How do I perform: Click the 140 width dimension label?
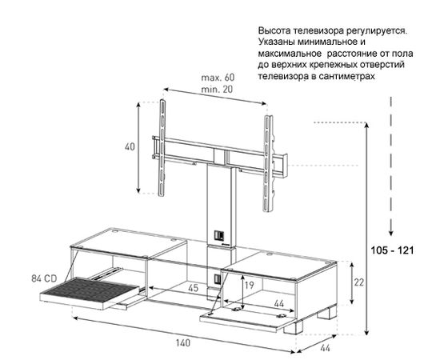click(x=183, y=342)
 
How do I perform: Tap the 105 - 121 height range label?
click(x=392, y=250)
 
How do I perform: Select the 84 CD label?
click(x=44, y=278)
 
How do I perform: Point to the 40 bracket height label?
click(x=130, y=146)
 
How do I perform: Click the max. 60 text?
click(x=218, y=78)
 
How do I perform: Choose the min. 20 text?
click(x=217, y=90)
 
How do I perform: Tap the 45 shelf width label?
click(x=193, y=288)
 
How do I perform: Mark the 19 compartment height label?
click(x=249, y=285)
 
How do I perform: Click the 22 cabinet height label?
click(x=359, y=282)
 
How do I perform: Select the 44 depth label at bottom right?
click(x=325, y=348)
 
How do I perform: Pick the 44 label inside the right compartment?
click(x=279, y=303)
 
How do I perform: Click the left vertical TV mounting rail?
click(x=162, y=147)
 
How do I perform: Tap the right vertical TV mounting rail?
click(x=268, y=163)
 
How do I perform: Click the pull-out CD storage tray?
click(x=90, y=292)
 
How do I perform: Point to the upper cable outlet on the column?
click(x=218, y=235)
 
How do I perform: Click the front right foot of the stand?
click(x=294, y=328)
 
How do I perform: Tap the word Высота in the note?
click(x=274, y=30)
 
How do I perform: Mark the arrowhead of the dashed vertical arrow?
click(x=391, y=233)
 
